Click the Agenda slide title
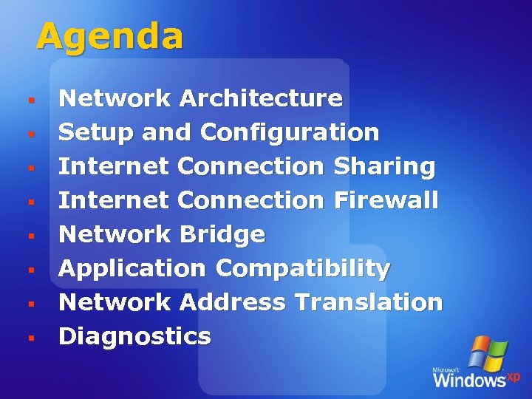pos(109,36)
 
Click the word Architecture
pos(261,98)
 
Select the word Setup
pos(95,133)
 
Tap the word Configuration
pos(290,133)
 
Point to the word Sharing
pos(384,167)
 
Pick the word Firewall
pos(386,200)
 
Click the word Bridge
pos(222,235)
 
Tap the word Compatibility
pos(303,269)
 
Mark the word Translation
pos(368,302)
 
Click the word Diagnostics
pos(134,337)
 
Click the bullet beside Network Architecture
pos(31,99)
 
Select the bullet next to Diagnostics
pos(31,338)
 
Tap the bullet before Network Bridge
pos(31,236)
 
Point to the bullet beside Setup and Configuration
pos(31,134)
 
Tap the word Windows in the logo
pos(469,380)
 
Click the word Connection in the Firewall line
pos(251,200)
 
